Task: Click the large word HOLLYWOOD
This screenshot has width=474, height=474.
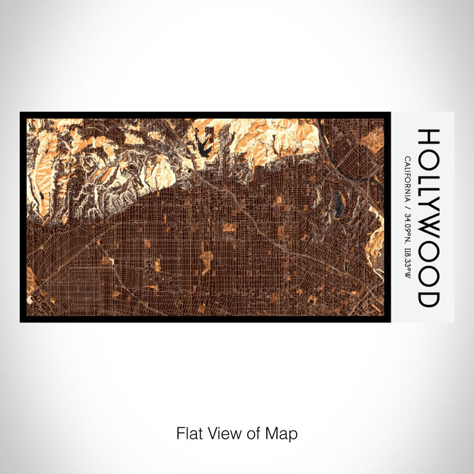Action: tap(429, 217)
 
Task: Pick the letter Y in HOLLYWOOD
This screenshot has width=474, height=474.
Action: tap(429, 206)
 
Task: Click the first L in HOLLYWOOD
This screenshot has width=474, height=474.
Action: tap(429, 173)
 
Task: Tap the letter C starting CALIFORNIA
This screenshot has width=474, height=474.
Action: tap(406, 159)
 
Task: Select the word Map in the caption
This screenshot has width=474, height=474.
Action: tap(283, 433)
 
